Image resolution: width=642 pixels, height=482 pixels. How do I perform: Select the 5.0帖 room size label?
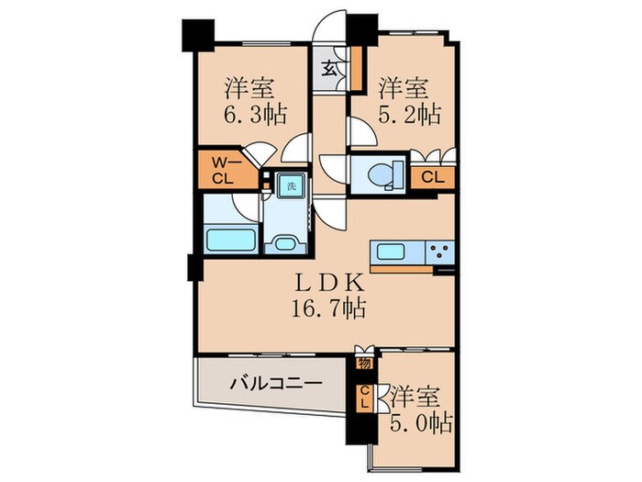click(x=420, y=424)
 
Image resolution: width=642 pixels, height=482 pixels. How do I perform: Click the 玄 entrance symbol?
click(x=328, y=67)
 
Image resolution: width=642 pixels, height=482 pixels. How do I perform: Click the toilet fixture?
click(x=378, y=172)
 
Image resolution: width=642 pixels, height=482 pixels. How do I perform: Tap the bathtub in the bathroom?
click(x=228, y=241)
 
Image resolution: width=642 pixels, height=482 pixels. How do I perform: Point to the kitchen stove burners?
click(x=439, y=250)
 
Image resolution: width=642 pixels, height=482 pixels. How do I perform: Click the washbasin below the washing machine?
click(x=284, y=244)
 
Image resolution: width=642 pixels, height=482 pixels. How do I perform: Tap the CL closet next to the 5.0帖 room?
click(x=364, y=398)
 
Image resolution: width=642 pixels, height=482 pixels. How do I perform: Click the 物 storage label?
click(x=365, y=364)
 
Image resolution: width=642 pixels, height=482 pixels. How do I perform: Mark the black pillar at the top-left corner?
click(x=196, y=34)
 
